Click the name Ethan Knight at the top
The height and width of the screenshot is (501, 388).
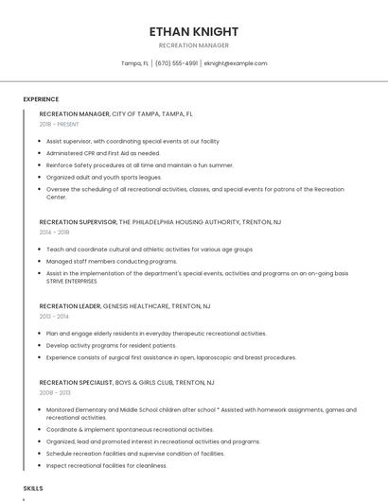(194, 31)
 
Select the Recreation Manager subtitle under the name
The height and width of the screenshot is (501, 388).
(194, 45)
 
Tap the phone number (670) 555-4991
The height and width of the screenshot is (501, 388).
(177, 63)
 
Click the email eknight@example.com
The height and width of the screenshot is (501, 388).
(236, 63)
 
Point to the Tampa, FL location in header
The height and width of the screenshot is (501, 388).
(134, 63)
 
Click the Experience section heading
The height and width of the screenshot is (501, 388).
(41, 99)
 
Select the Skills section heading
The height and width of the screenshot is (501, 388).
(33, 488)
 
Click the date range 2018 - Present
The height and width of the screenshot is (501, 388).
(59, 124)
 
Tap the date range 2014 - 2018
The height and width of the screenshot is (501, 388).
(55, 232)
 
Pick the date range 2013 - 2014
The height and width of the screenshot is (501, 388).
(54, 316)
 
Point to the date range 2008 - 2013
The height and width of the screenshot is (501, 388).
(55, 392)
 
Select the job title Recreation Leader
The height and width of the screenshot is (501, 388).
(69, 306)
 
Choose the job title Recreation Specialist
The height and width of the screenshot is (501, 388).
(75, 383)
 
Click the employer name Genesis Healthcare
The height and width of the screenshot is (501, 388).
(135, 306)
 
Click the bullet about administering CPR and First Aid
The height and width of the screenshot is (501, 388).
(103, 153)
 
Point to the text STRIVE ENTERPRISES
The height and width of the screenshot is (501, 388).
(72, 281)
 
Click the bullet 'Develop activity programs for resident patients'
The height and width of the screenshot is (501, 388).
(111, 346)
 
